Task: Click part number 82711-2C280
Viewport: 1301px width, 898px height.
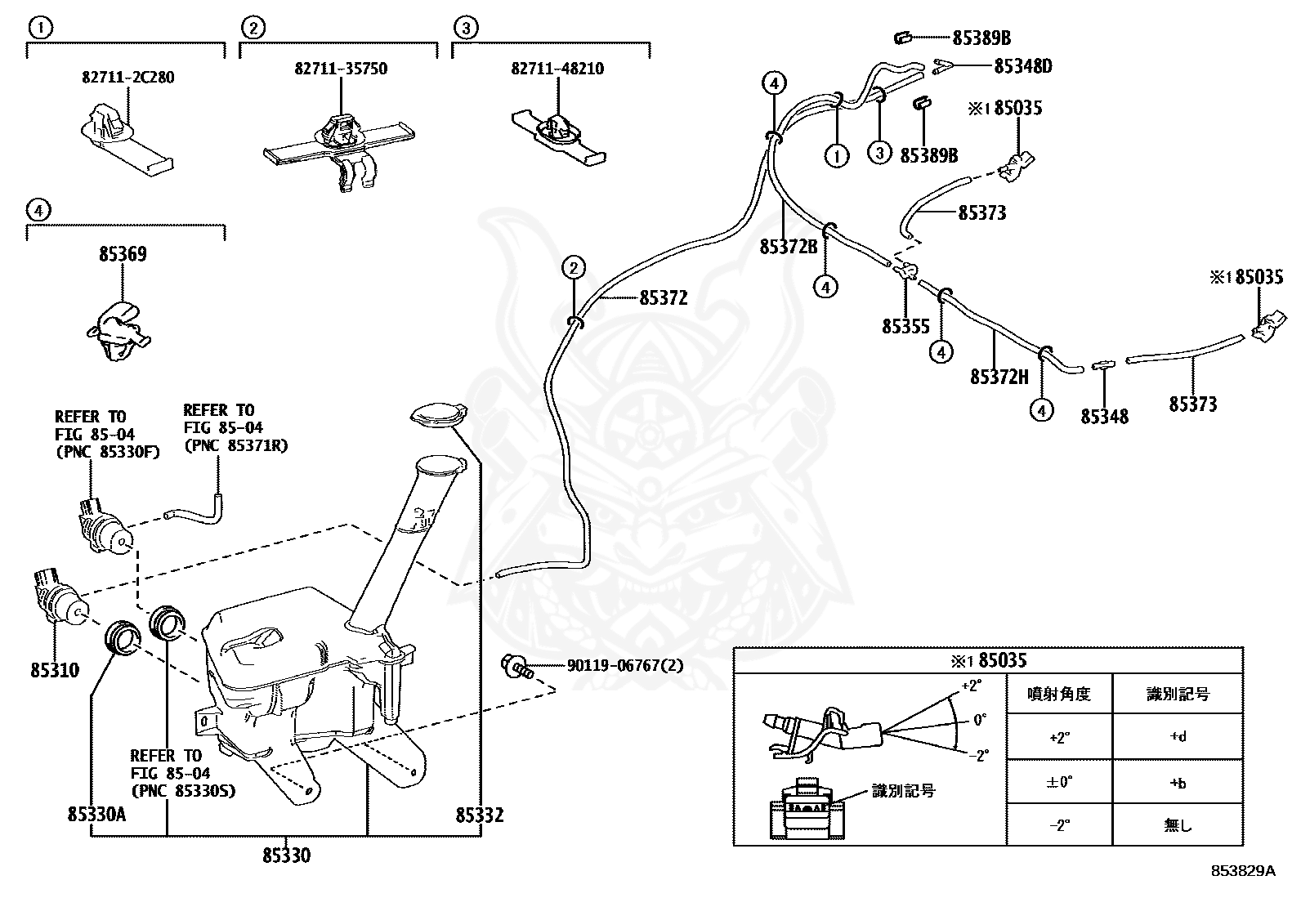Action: click(127, 78)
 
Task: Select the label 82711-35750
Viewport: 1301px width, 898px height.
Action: click(341, 69)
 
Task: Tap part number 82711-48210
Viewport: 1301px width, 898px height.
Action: click(557, 69)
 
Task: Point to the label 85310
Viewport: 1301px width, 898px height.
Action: click(55, 670)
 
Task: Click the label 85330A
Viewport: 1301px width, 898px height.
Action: click(96, 815)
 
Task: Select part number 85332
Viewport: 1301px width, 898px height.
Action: click(480, 815)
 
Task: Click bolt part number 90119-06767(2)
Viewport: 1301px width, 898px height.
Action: click(624, 666)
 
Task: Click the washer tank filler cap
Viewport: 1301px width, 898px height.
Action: click(439, 414)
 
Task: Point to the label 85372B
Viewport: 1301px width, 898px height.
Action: click(788, 246)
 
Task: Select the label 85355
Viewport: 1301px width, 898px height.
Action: click(905, 326)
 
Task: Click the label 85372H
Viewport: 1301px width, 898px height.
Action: click(999, 377)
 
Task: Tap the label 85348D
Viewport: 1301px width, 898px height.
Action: click(1022, 66)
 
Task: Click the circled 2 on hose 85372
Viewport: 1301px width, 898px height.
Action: click(574, 267)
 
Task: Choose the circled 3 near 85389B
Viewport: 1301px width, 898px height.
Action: click(879, 152)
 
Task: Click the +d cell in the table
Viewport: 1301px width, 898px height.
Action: click(1177, 736)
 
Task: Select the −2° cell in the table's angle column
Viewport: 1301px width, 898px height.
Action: click(1058, 824)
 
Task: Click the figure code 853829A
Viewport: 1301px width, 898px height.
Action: click(1242, 870)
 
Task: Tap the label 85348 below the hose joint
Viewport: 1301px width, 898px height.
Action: click(1104, 417)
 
